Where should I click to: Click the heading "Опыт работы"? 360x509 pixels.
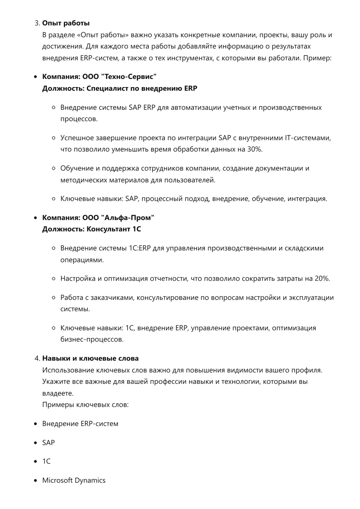click(66, 23)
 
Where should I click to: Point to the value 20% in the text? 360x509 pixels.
click(322, 279)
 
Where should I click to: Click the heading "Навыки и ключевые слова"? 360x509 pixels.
click(90, 359)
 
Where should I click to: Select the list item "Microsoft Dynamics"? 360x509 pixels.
click(74, 480)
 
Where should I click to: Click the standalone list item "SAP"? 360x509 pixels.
click(49, 443)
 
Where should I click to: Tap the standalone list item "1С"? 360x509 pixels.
click(46, 461)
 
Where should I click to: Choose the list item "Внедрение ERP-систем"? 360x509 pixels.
click(80, 424)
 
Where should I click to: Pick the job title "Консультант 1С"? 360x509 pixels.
click(114, 229)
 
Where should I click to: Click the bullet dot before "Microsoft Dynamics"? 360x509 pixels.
click(36, 481)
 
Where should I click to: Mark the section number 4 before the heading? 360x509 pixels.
click(37, 359)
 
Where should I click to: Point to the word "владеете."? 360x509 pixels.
click(58, 393)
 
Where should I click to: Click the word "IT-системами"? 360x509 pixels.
click(308, 138)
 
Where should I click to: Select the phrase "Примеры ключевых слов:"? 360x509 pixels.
click(85, 405)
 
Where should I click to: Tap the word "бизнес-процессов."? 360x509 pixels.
click(92, 339)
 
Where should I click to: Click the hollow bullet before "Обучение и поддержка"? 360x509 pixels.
click(53, 169)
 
